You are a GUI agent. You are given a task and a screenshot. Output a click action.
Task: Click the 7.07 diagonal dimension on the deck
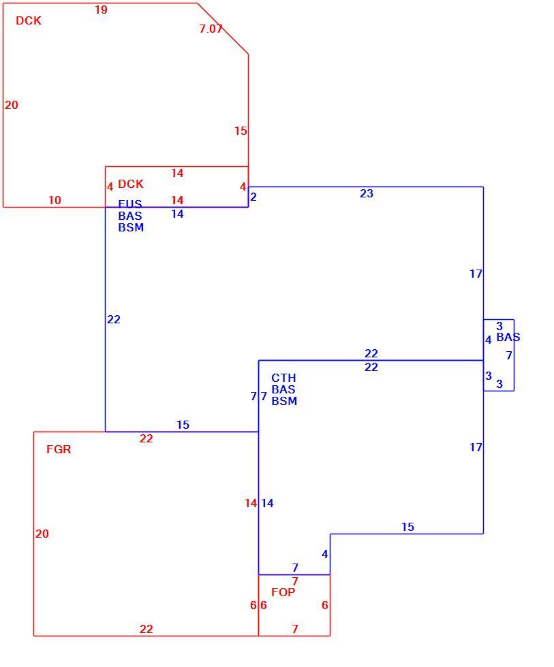(x=211, y=29)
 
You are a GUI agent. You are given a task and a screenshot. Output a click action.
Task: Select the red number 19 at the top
(x=101, y=10)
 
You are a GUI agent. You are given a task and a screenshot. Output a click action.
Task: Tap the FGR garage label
(x=59, y=449)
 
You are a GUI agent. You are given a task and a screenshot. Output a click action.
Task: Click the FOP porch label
(x=283, y=592)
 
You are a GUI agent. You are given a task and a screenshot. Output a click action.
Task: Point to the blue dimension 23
(x=366, y=193)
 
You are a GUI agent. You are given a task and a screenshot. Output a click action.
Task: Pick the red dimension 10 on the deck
(x=55, y=200)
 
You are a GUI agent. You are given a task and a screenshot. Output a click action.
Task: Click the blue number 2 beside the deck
(x=253, y=197)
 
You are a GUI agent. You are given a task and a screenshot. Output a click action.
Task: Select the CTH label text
(x=283, y=378)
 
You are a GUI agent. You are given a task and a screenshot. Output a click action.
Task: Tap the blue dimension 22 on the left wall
(x=114, y=319)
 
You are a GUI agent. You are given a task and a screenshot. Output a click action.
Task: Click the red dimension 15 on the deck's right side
(x=241, y=131)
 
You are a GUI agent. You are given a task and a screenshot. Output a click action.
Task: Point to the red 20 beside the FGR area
(x=42, y=534)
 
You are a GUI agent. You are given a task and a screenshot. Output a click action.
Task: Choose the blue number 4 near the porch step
(x=325, y=554)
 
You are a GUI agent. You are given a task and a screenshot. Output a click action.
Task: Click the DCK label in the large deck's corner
(x=29, y=20)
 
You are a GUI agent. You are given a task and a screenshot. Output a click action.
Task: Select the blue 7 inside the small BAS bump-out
(x=509, y=355)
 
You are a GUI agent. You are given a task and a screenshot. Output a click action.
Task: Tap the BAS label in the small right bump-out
(x=508, y=338)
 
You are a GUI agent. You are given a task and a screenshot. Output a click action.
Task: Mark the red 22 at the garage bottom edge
(x=146, y=629)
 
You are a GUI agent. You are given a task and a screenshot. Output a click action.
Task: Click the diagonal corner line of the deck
(x=223, y=29)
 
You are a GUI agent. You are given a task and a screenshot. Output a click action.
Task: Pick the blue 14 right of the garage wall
(x=267, y=503)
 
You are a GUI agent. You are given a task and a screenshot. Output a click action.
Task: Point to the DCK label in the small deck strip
(x=131, y=184)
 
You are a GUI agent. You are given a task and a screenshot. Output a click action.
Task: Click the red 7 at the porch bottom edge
(x=294, y=629)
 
